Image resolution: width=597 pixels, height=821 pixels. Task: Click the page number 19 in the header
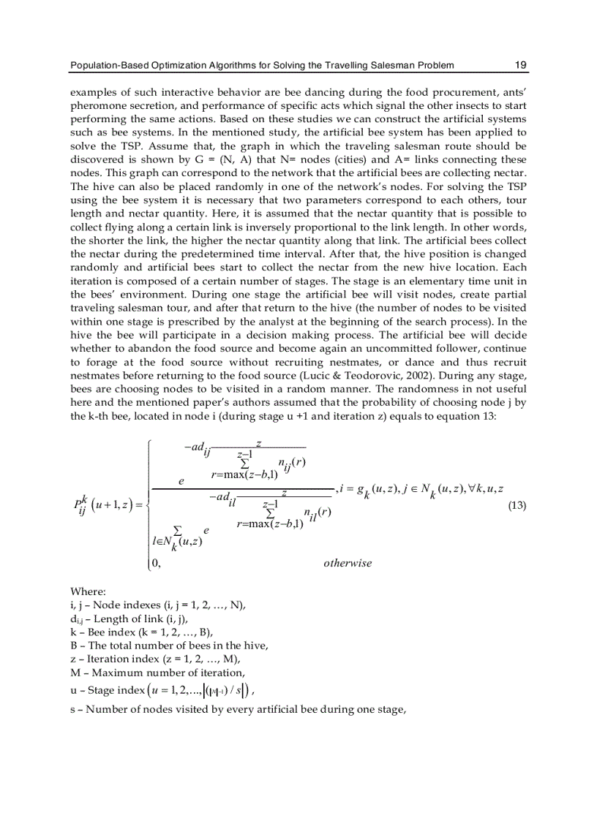[520, 65]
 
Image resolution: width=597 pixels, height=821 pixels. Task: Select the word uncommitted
[413, 346]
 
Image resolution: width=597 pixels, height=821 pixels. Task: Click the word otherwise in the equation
[347, 563]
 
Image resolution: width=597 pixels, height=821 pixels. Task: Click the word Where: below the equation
[88, 591]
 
